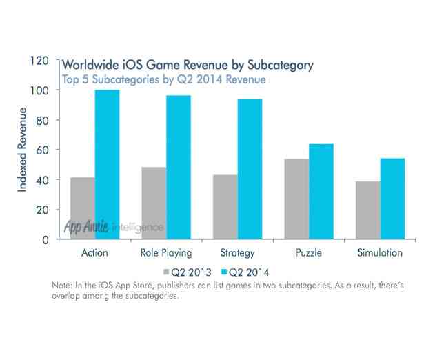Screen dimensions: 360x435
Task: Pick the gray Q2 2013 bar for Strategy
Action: pyautogui.click(x=225, y=207)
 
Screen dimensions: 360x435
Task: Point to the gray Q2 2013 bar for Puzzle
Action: pyautogui.click(x=296, y=199)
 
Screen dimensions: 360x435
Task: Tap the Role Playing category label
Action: pyautogui.click(x=165, y=253)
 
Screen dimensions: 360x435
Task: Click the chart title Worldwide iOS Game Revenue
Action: pyautogui.click(x=189, y=66)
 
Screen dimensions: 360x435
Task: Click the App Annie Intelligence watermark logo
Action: pyautogui.click(x=114, y=226)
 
